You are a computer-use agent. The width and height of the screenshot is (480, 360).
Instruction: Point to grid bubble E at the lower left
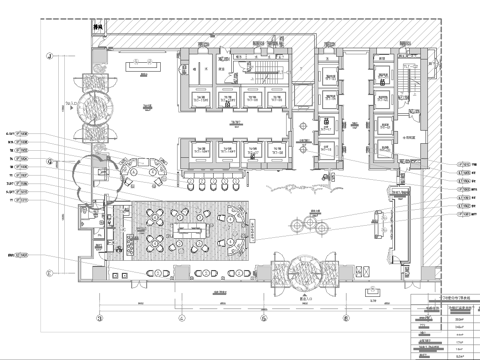(47, 270)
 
